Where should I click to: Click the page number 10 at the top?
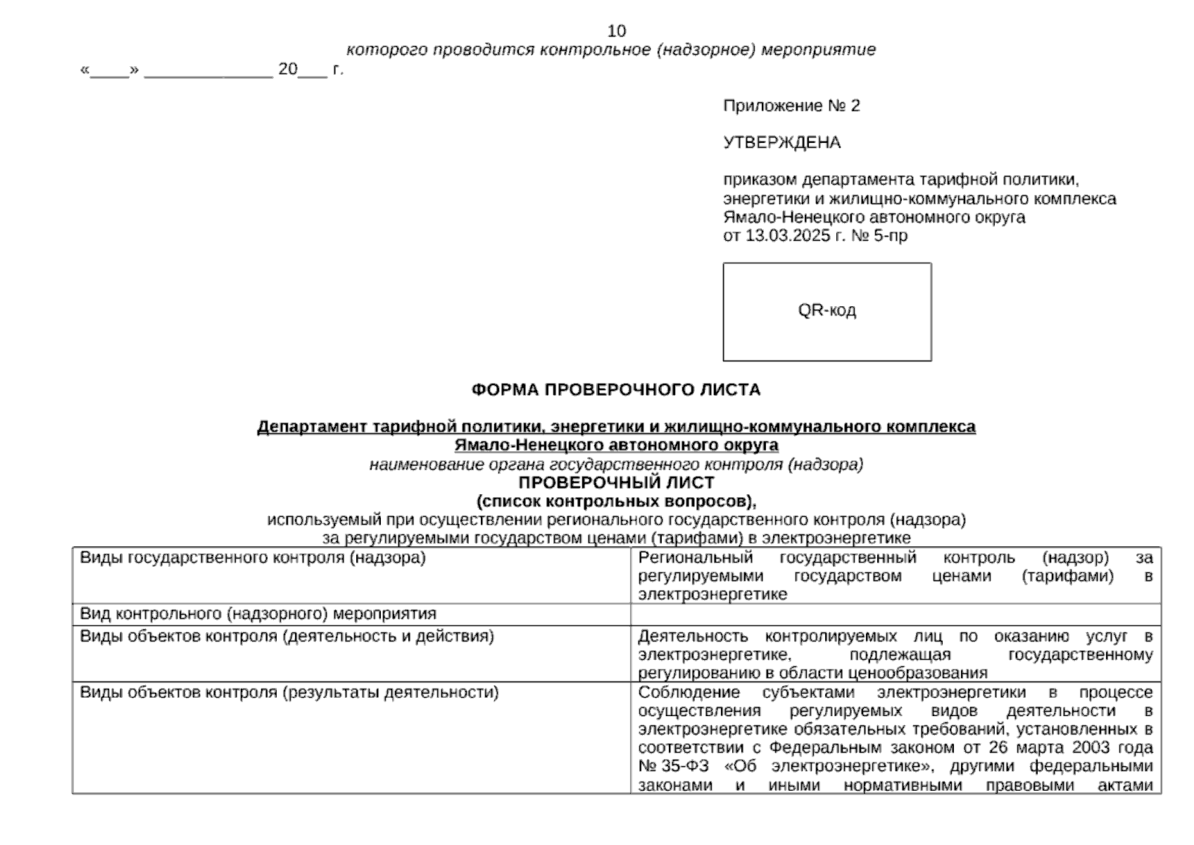(616, 31)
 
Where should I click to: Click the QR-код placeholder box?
(827, 311)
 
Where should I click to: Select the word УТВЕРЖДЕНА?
(781, 142)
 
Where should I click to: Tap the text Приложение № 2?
(791, 106)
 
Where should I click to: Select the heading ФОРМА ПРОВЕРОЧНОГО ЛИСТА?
(616, 389)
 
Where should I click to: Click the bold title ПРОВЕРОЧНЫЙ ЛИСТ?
(616, 483)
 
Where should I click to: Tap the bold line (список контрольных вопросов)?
(616, 501)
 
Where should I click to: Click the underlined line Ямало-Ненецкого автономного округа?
(616, 445)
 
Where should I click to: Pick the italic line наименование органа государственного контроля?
(616, 464)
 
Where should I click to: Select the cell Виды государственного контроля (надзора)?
(253, 558)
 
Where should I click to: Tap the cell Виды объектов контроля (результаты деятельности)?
(289, 692)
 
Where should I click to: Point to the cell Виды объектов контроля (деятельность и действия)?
(287, 637)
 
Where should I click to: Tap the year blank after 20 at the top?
(312, 70)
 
